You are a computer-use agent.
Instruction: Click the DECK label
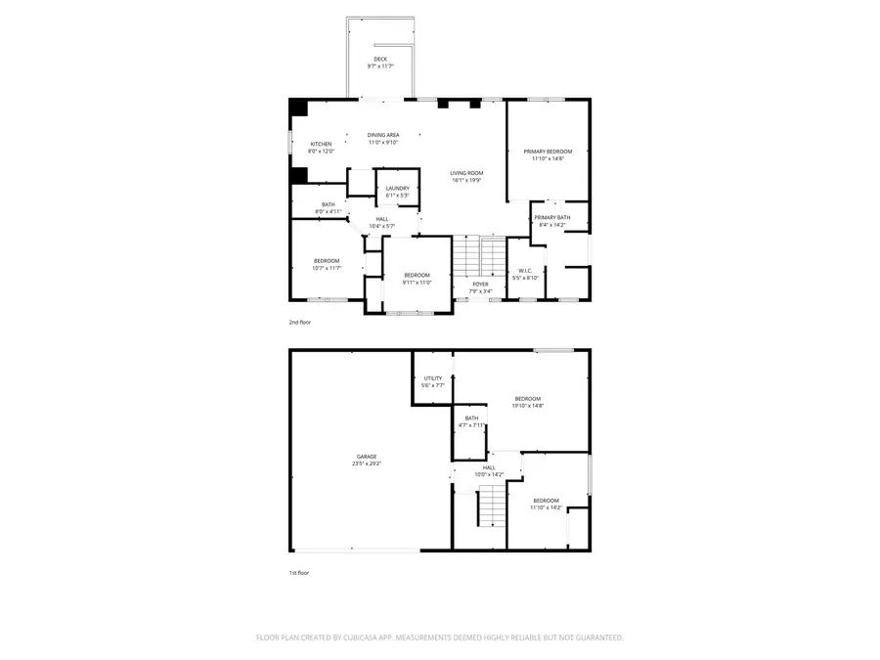coord(379,60)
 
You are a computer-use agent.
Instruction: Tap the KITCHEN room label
coord(322,144)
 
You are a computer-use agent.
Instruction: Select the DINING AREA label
coord(383,135)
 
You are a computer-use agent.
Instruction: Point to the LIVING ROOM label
coord(467,173)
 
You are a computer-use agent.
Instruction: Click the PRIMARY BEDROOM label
coord(548,152)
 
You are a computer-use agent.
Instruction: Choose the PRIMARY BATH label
coord(552,218)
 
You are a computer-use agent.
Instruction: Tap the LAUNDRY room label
coord(397,189)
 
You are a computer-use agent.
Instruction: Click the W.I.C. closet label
coord(525,271)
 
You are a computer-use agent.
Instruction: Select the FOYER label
coord(479,285)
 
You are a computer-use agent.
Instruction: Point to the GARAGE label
coord(367,457)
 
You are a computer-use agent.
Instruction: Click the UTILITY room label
coord(432,378)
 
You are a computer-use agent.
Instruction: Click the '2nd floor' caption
coord(299,322)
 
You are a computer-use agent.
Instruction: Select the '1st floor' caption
coord(299,573)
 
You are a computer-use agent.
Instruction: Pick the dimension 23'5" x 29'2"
coord(367,463)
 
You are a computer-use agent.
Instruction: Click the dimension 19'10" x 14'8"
coord(528,406)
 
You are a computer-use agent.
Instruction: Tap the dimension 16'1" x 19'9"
coord(467,180)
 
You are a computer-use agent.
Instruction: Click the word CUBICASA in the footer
coord(362,638)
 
